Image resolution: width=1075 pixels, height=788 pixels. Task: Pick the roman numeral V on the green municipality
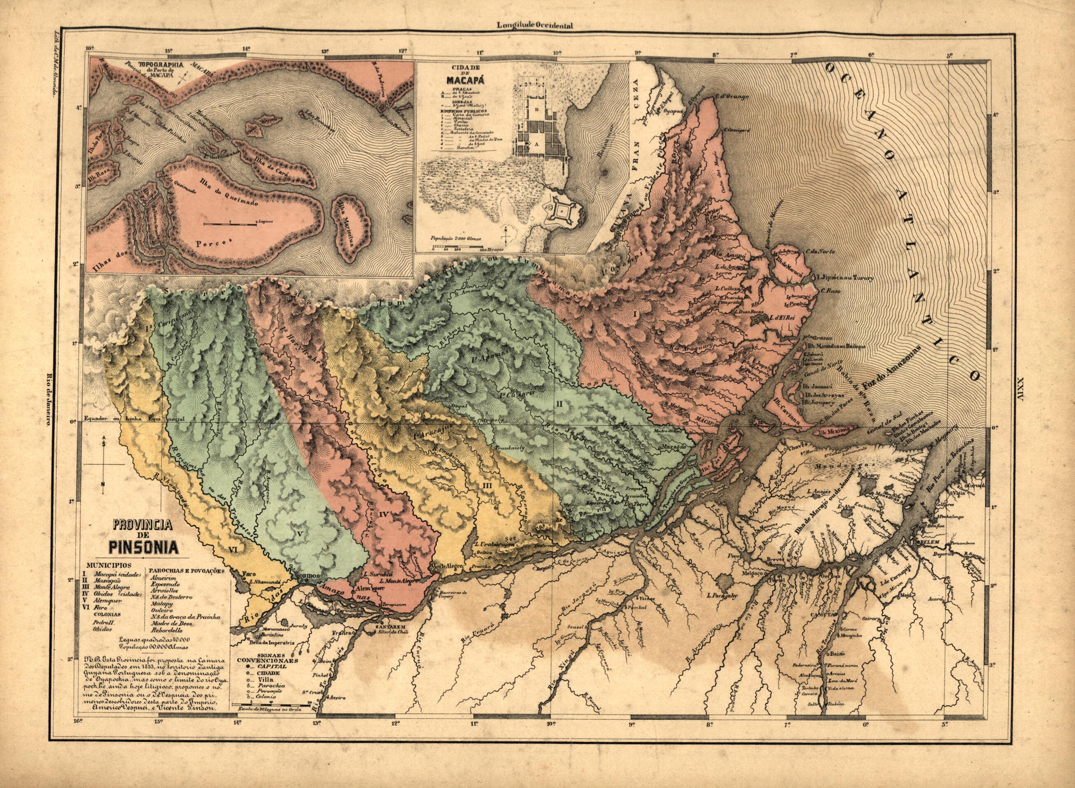(x=299, y=535)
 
